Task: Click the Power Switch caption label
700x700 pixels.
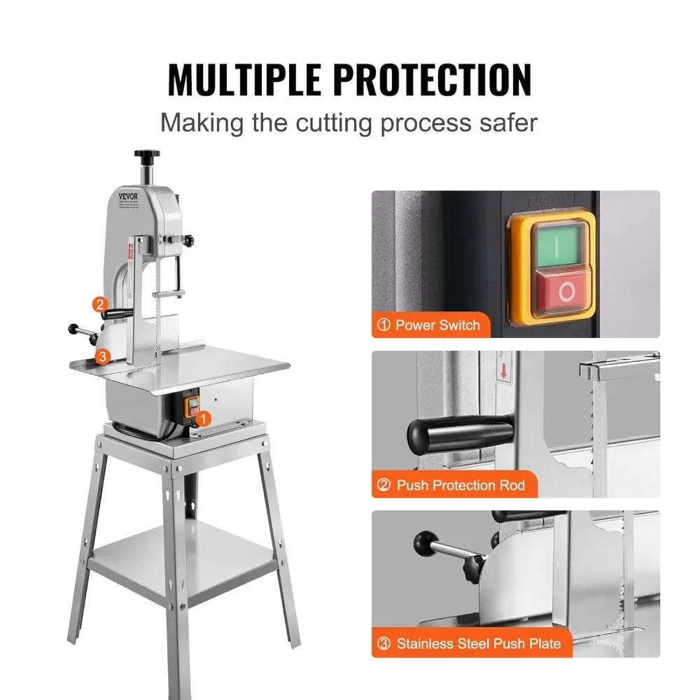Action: (429, 325)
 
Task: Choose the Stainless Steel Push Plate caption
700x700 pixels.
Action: (470, 643)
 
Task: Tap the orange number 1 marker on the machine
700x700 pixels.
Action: (202, 419)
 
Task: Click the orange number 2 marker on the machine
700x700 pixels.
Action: (100, 304)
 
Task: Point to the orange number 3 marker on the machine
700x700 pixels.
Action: (103, 356)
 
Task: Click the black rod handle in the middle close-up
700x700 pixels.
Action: (458, 428)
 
